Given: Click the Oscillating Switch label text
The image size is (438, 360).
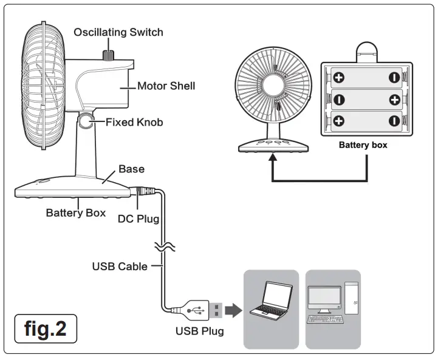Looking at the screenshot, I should (x=118, y=32).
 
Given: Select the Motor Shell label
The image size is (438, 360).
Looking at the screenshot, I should (x=166, y=86).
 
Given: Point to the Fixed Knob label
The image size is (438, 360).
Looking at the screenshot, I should (x=134, y=122).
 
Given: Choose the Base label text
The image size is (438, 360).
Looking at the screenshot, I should (x=131, y=168).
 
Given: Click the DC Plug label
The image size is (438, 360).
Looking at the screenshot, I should (x=138, y=218).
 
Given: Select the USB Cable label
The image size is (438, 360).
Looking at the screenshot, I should (x=120, y=266).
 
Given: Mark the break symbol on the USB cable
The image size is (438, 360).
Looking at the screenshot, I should (x=163, y=246).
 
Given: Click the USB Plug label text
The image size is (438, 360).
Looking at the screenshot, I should (x=199, y=331).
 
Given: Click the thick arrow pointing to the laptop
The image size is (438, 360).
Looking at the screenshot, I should (x=233, y=311).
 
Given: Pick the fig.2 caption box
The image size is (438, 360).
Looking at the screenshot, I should (x=46, y=328).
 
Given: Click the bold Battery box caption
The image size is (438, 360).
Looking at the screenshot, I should (x=363, y=145).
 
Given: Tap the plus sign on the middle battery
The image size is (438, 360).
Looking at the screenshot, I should (x=394, y=98).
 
